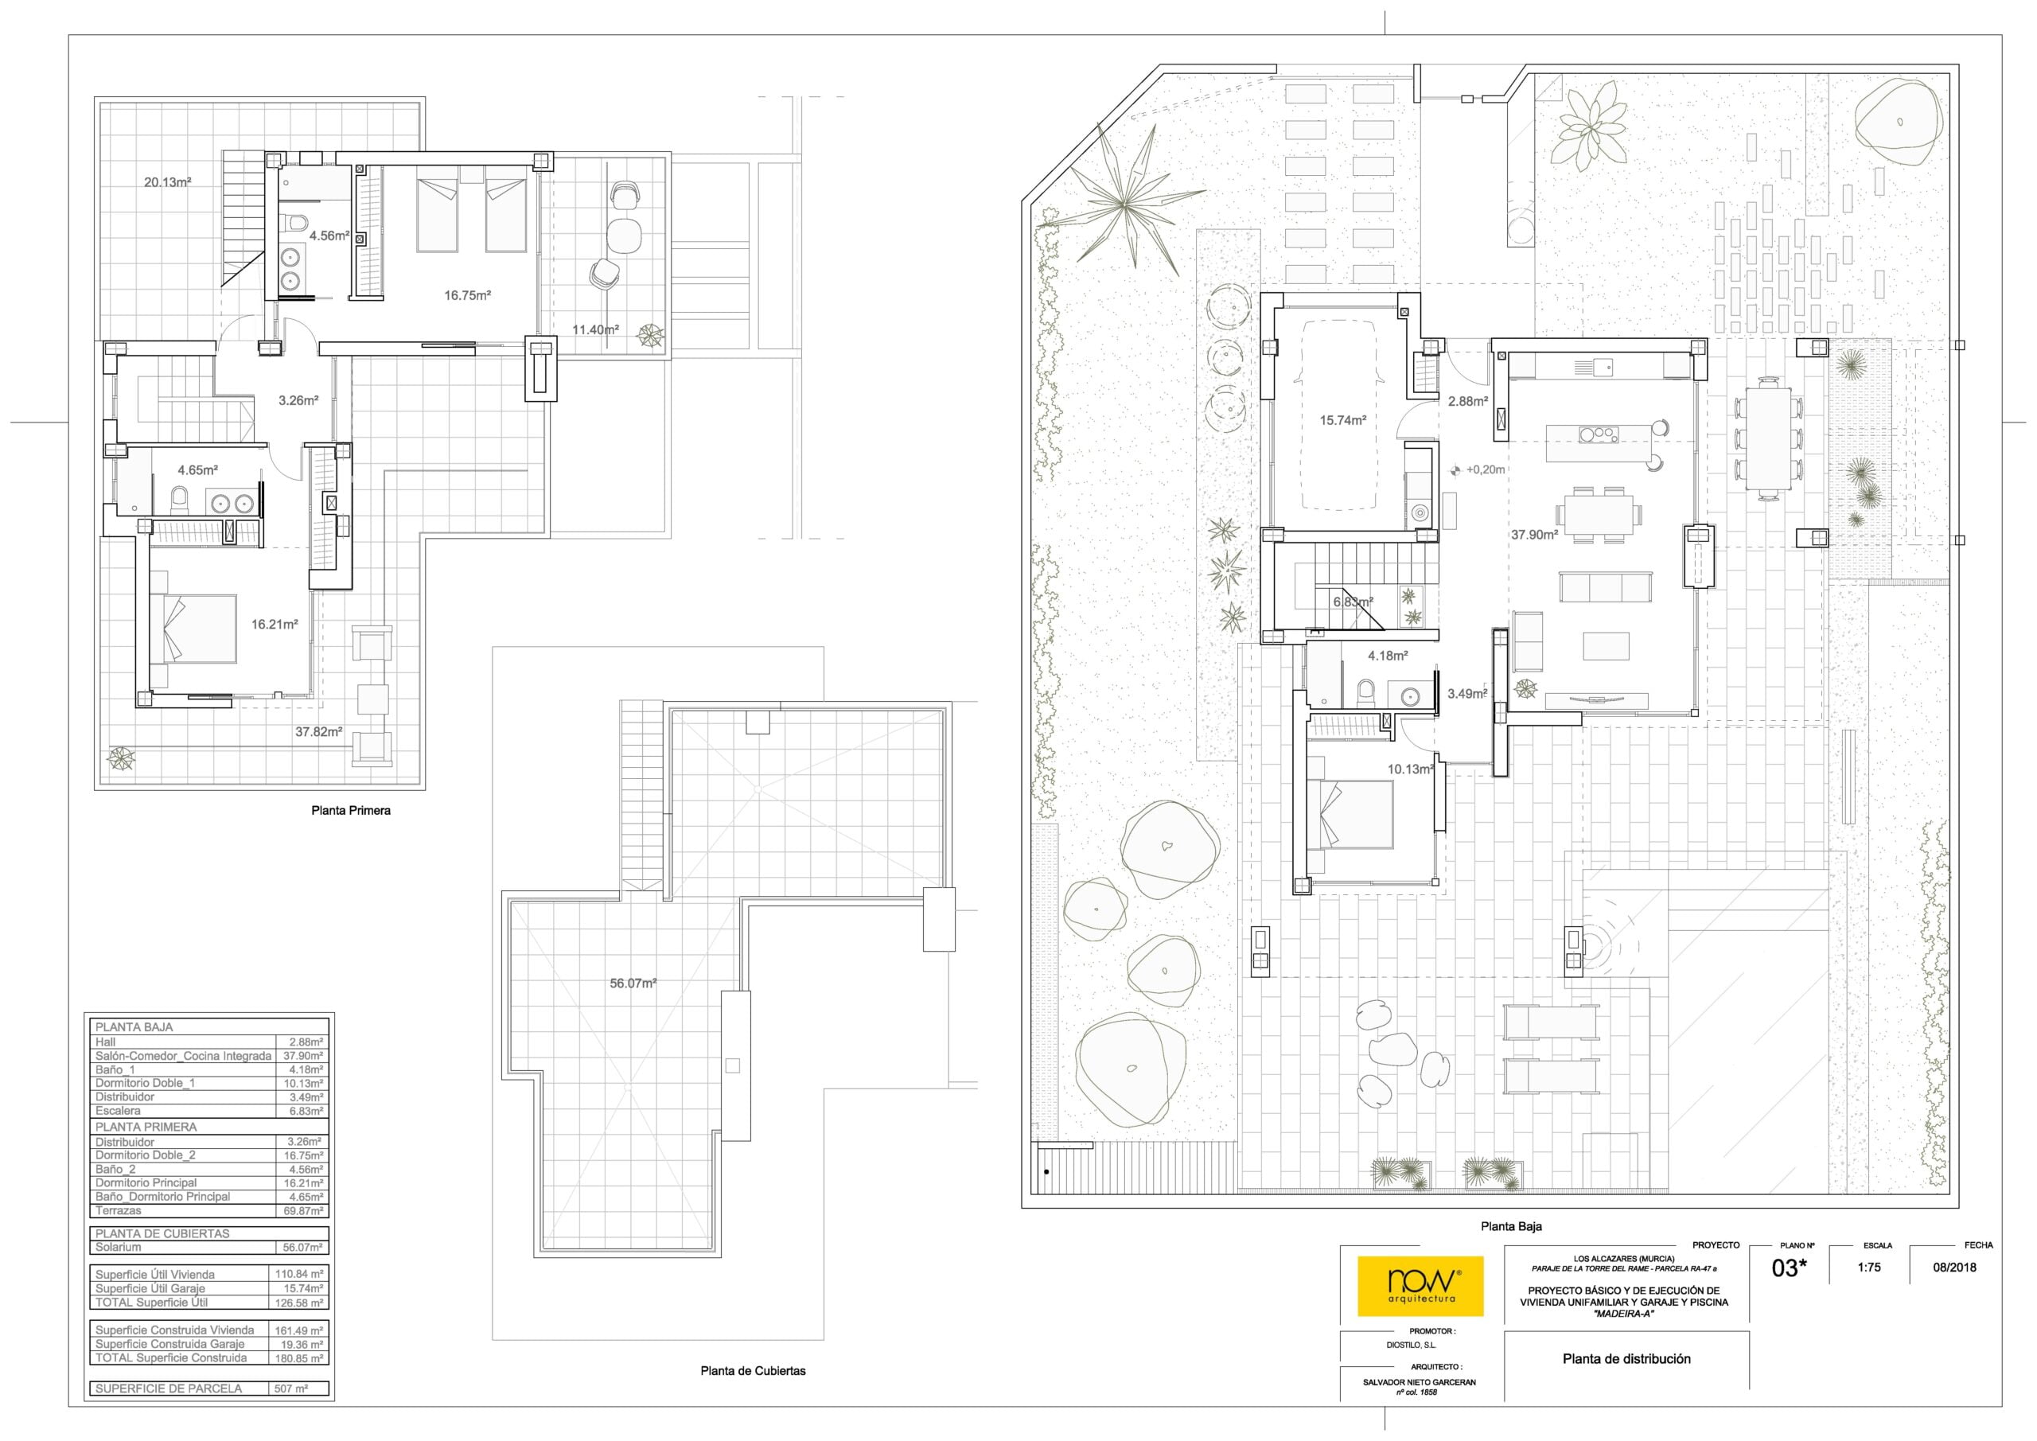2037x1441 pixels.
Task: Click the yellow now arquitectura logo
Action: (x=1420, y=1286)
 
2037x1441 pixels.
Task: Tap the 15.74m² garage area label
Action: (x=1342, y=421)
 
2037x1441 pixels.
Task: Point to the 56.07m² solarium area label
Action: (x=633, y=983)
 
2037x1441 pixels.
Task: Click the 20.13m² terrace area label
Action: (x=168, y=183)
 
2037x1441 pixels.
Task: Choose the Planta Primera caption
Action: (x=350, y=810)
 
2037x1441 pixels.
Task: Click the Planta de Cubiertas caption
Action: (x=754, y=1370)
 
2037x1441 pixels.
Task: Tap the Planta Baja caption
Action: (x=1511, y=1226)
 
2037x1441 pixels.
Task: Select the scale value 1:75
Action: (x=1869, y=1267)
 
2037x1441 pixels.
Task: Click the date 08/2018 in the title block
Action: (x=1954, y=1267)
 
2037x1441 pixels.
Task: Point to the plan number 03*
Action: (x=1790, y=1268)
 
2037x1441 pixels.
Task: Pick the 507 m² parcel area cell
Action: (x=291, y=1388)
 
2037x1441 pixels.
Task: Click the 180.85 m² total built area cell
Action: (x=299, y=1357)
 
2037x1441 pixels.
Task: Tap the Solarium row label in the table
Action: (x=118, y=1247)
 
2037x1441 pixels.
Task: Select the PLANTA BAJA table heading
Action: (x=134, y=1026)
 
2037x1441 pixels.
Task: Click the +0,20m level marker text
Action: (x=1485, y=469)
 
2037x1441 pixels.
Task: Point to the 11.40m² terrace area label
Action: (x=595, y=330)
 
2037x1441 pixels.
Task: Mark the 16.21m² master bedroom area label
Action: (x=275, y=625)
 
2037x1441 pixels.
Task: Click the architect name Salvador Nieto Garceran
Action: (x=1420, y=1382)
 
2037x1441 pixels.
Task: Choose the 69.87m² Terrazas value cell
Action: (x=303, y=1210)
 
